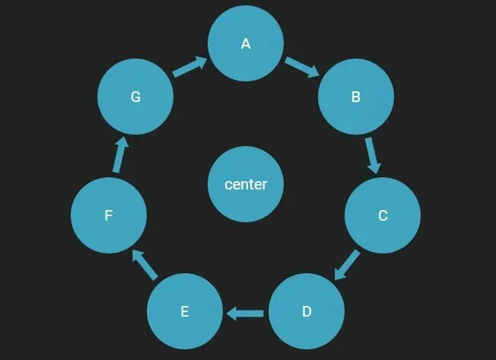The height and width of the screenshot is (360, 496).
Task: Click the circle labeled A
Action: click(246, 43)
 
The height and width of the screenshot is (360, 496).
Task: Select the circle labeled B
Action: click(355, 97)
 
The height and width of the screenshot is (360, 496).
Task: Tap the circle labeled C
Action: click(383, 215)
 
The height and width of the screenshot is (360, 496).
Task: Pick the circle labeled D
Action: click(307, 311)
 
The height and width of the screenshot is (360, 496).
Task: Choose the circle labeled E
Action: click(184, 311)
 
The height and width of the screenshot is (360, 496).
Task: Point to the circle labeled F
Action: click(109, 215)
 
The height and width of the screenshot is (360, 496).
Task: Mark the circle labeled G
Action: click(135, 97)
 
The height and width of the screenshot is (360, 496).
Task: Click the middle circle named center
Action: click(246, 184)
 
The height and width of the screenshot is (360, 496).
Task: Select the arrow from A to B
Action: click(302, 67)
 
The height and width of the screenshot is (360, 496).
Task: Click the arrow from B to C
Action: click(371, 155)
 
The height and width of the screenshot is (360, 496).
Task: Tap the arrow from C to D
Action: click(347, 264)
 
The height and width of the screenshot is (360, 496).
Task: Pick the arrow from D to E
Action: click(245, 312)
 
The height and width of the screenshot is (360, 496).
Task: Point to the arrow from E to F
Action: click(145, 264)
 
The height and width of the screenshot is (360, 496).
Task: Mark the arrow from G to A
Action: click(190, 67)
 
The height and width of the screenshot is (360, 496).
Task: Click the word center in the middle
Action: click(246, 184)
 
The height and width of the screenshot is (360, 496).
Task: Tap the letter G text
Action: click(135, 97)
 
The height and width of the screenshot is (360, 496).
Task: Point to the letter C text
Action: click(383, 215)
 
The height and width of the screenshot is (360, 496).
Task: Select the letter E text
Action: click(184, 311)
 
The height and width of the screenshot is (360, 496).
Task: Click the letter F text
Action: click(109, 215)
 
